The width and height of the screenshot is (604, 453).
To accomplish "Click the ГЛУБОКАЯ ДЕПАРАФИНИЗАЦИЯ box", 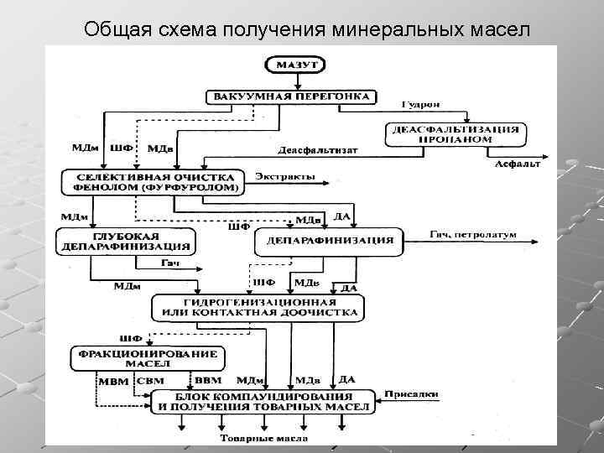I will (125, 242).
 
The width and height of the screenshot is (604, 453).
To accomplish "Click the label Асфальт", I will (517, 164).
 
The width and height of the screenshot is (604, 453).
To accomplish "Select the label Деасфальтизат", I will (318, 150).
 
